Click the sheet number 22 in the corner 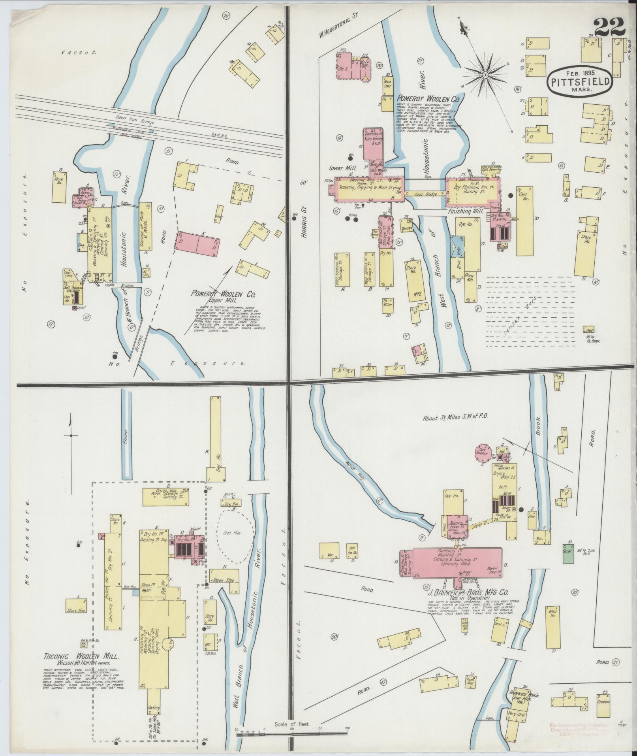click(609, 27)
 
